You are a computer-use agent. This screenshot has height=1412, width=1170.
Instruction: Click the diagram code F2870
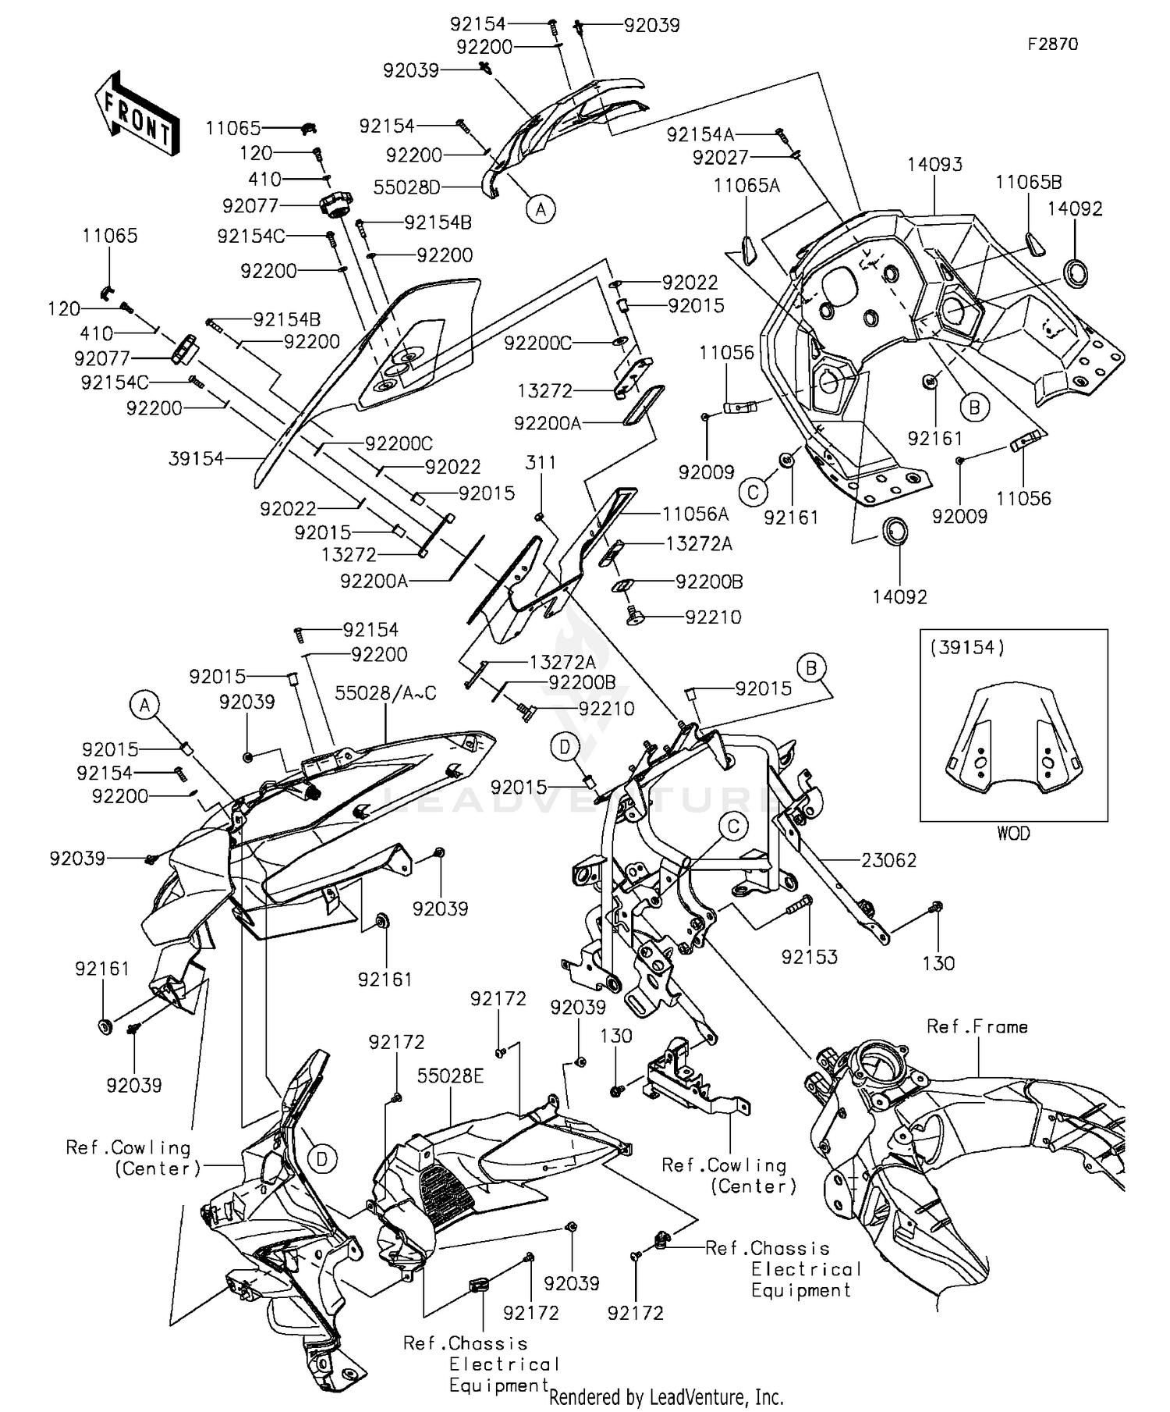click(x=1052, y=44)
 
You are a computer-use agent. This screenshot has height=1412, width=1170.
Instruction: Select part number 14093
click(x=934, y=165)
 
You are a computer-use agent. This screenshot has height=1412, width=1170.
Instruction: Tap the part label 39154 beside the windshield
click(x=196, y=459)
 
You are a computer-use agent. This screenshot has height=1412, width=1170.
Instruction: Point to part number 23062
click(x=888, y=860)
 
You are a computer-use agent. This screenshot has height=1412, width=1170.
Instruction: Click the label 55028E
click(x=450, y=1076)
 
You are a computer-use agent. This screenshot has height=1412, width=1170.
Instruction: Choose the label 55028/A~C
click(x=385, y=693)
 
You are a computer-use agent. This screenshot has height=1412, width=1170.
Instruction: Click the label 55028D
click(x=406, y=187)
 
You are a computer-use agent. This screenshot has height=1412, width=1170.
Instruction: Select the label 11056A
click(x=695, y=514)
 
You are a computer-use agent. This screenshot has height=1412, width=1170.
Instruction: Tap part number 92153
click(x=809, y=957)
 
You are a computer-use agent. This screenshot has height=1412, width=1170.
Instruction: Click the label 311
click(x=541, y=463)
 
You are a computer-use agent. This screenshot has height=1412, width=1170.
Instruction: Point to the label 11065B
click(x=1028, y=183)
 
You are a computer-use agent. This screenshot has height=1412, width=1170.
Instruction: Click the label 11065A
click(x=746, y=186)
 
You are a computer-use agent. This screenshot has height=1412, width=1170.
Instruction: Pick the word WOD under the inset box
click(x=1013, y=834)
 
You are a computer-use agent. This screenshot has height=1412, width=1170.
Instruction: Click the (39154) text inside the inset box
click(x=966, y=647)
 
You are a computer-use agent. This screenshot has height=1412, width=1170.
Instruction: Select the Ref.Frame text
click(x=977, y=1026)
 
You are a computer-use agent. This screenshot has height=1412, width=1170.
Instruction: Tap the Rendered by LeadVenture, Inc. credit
click(x=666, y=1397)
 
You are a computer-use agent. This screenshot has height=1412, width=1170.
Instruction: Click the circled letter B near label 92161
click(x=973, y=407)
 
